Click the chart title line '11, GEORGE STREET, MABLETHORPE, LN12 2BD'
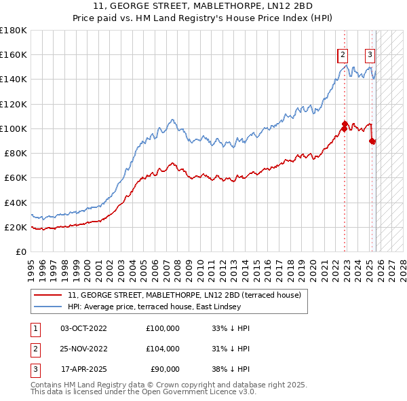[203, 7]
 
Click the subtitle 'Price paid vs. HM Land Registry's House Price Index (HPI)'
[203, 18]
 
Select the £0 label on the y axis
[20, 252]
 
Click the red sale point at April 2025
[372, 141]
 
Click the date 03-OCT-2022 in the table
[83, 328]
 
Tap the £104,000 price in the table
[163, 349]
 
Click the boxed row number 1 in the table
[34, 328]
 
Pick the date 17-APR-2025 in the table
[83, 369]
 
